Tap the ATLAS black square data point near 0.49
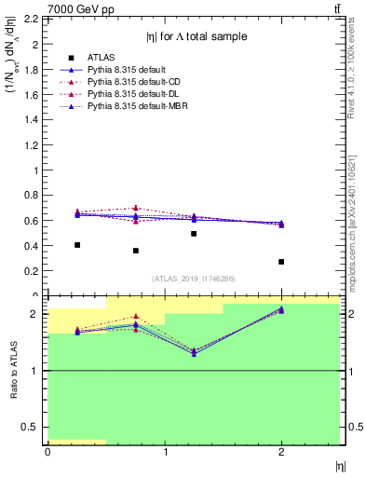pos(194,234)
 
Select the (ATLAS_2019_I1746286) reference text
pos(194,279)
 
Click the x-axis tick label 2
pos(281,453)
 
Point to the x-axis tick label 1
pos(165,453)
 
